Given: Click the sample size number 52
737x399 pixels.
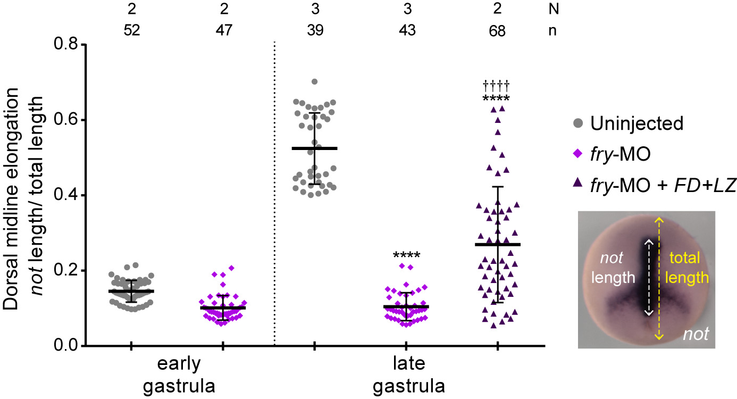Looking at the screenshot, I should coord(131,31).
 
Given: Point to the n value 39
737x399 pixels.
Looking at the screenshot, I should coord(314,31).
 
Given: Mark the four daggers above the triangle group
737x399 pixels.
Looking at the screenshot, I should coord(497,85).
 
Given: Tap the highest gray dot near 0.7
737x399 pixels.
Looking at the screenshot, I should coord(314,81).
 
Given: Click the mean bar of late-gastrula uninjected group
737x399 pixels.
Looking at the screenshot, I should coord(314,148).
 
